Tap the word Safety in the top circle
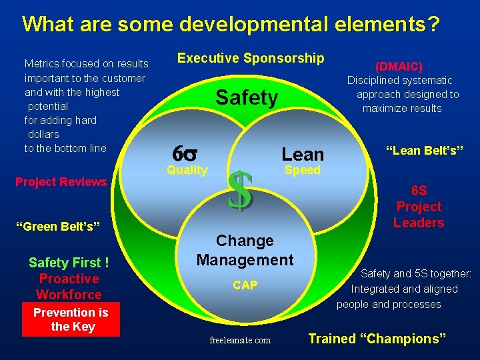pyautogui.click(x=247, y=98)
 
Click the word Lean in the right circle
pyautogui.click(x=302, y=154)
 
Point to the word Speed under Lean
pyautogui.click(x=302, y=170)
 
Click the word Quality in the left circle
pyautogui.click(x=187, y=170)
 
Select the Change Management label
pyautogui.click(x=245, y=250)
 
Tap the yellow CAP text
pyautogui.click(x=245, y=285)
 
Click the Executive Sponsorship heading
pyautogui.click(x=250, y=58)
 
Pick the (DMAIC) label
pyautogui.click(x=399, y=67)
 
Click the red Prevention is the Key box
pyautogui.click(x=71, y=320)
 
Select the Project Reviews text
pyautogui.click(x=61, y=182)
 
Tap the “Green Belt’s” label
pyautogui.click(x=61, y=227)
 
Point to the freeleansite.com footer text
pyautogui.click(x=240, y=340)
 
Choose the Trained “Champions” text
pyautogui.click(x=377, y=339)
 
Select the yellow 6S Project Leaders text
pyautogui.click(x=418, y=207)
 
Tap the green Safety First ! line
pyautogui.click(x=69, y=263)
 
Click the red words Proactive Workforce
pyautogui.click(x=69, y=287)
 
